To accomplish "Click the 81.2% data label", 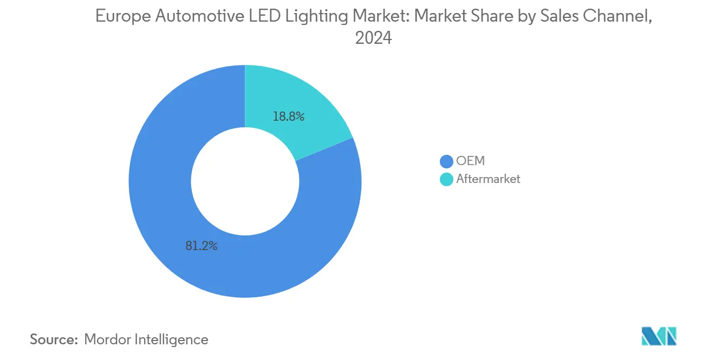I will pos(201,246).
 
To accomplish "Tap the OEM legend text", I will pos(470,161).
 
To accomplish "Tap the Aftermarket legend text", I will pos(488,179).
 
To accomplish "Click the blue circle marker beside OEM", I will pos(446,161).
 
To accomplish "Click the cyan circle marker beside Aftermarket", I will pos(446,179).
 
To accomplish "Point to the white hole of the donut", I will pos(245,181).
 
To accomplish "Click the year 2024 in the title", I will pos(373,38).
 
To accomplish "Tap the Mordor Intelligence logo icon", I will pos(659,336).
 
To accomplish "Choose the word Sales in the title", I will pos(555,17).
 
